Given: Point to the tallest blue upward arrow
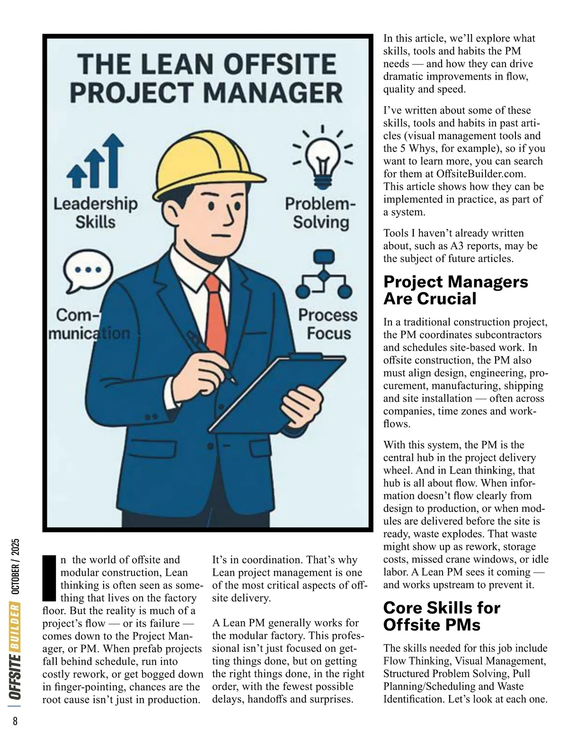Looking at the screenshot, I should pyautogui.click(x=112, y=160).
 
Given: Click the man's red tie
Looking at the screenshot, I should pyautogui.click(x=213, y=307).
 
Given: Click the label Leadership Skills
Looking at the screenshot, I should pyautogui.click(x=95, y=213).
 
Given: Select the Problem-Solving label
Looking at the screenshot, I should pyautogui.click(x=320, y=213).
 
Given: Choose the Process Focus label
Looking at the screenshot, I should pyautogui.click(x=328, y=324).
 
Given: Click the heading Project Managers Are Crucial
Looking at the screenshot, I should pyautogui.click(x=455, y=290).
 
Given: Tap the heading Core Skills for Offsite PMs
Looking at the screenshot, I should pyautogui.click(x=441, y=616).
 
